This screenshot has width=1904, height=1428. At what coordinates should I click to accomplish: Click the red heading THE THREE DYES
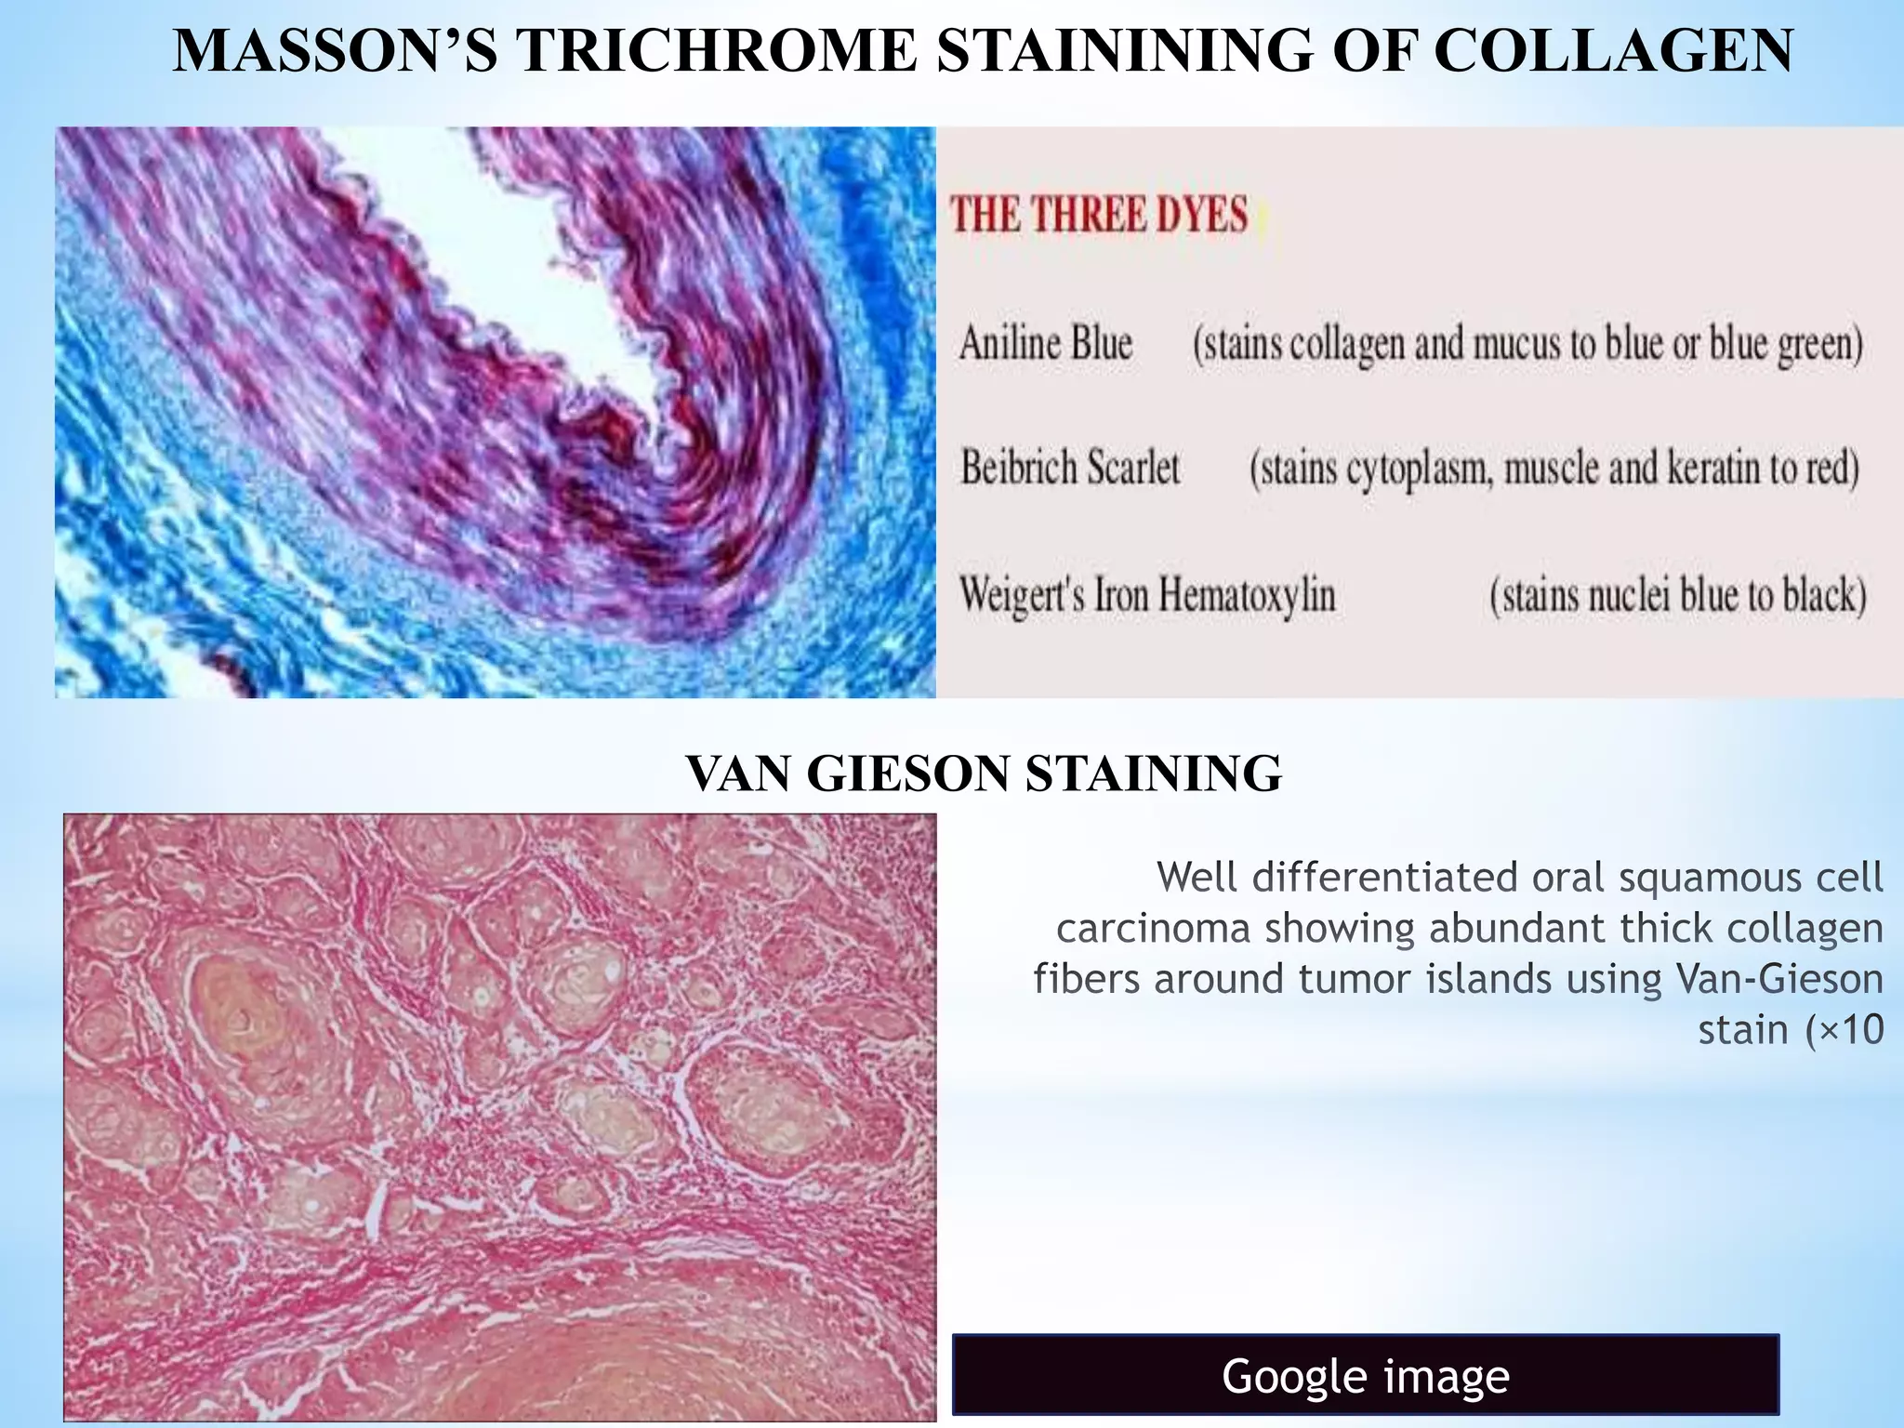coord(1098,215)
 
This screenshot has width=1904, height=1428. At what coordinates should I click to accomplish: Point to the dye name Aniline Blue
coord(1046,343)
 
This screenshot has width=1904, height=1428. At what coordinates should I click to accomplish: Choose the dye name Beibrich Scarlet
coord(1070,467)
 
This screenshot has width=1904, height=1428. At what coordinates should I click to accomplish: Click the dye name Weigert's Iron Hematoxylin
coord(1147,594)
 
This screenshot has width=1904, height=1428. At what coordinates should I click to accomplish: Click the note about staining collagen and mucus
coord(1527,344)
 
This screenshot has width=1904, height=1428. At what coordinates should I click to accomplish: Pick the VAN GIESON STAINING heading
coord(983,773)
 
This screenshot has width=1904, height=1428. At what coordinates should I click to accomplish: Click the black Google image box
coord(1365,1376)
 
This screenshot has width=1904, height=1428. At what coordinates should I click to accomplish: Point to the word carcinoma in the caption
coord(1153,928)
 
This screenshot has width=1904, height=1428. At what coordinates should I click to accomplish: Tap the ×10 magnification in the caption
coord(1844,1029)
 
